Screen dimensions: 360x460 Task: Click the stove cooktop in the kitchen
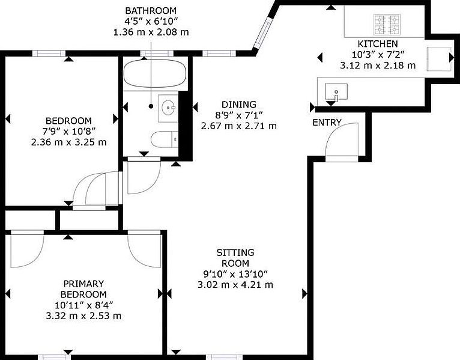click(387, 25)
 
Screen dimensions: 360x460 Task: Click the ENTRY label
click(327, 123)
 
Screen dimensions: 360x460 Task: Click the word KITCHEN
click(377, 44)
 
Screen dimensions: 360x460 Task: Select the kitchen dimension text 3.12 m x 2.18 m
click(377, 66)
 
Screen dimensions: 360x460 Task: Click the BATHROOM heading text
click(151, 10)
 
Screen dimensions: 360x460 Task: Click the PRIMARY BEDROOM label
click(83, 288)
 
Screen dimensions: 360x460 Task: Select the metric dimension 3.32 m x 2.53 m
click(83, 316)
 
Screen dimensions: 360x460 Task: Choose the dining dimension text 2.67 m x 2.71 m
click(238, 126)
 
